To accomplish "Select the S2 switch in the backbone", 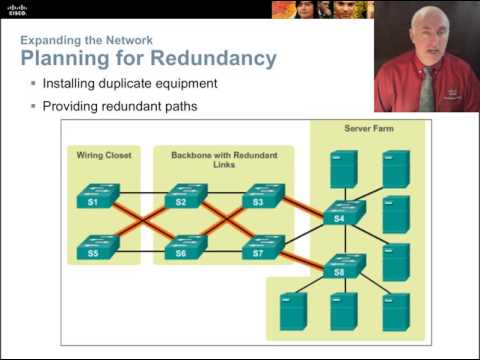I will (x=185, y=194).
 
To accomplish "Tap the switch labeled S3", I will (x=264, y=194).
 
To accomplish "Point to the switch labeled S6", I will (x=185, y=246).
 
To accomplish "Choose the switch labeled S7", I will (x=264, y=246).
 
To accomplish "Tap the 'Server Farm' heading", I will (x=366, y=128).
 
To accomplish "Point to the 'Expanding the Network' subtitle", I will (x=87, y=40).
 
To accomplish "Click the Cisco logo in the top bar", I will (x=17, y=9).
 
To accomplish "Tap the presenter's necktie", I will (x=427, y=90).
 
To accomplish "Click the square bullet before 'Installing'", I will (x=33, y=83).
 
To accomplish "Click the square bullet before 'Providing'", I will (x=33, y=105).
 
